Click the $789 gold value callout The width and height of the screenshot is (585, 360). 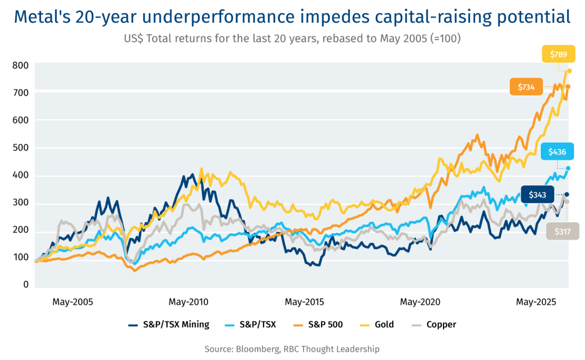point(559,54)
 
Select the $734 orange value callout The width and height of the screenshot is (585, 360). point(526,87)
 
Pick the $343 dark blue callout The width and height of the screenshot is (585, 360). point(537,195)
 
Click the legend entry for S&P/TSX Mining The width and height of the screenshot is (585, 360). point(169,325)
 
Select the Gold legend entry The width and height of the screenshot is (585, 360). point(378,325)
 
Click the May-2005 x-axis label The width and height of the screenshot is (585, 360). point(72,302)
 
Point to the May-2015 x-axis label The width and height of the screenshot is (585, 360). point(305,302)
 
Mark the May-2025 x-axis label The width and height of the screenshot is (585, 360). point(536,302)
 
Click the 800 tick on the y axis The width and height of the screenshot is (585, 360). point(21,65)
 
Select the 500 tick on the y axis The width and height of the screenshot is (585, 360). point(21,148)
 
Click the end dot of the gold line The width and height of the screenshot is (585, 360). point(569,71)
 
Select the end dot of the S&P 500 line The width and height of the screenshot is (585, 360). point(568,87)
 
